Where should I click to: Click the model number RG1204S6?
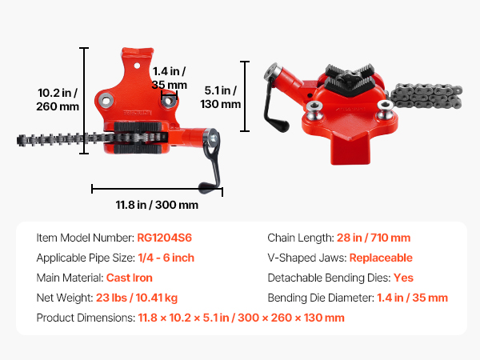pyautogui.click(x=164, y=238)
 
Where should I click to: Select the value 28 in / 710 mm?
pyautogui.click(x=374, y=238)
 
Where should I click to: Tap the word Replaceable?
pyautogui.click(x=381, y=258)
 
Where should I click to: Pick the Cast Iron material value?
pyautogui.click(x=129, y=278)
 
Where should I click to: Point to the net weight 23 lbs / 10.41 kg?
pyautogui.click(x=137, y=298)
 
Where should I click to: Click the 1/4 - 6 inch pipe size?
pyautogui.click(x=166, y=258)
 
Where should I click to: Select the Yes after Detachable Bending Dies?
pyautogui.click(x=403, y=278)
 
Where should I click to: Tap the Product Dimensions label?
pyautogui.click(x=86, y=318)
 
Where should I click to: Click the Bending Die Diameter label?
pyautogui.click(x=321, y=298)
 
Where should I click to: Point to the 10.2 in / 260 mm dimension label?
pyautogui.click(x=58, y=99)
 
